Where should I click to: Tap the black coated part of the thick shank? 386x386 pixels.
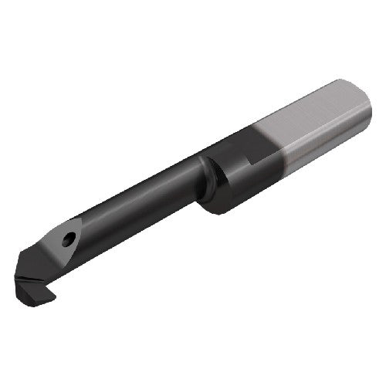click(232, 170)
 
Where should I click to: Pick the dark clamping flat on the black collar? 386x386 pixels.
click(232, 151)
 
